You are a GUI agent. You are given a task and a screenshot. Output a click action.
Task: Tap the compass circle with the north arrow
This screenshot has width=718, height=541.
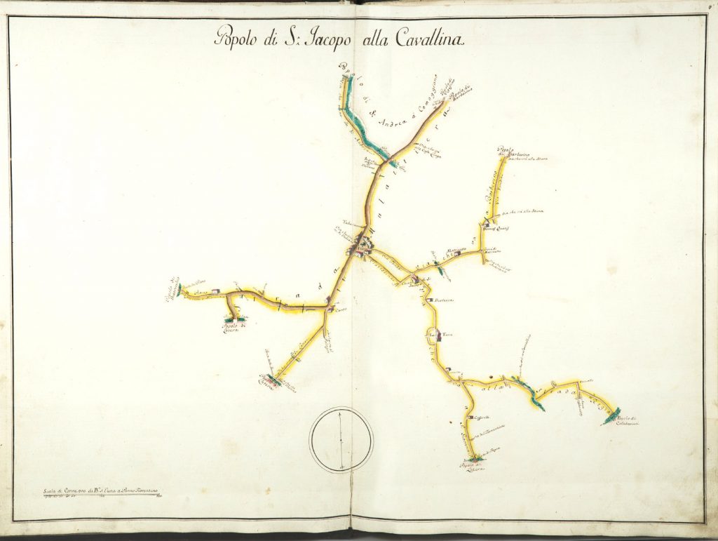click(341, 440)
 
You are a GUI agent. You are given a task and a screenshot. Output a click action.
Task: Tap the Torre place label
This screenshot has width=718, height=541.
click(449, 335)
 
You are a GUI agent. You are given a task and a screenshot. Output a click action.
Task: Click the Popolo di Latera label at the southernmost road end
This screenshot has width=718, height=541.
click(471, 467)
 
